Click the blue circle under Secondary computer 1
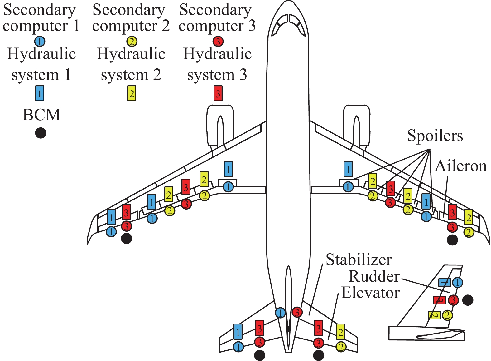(40, 41)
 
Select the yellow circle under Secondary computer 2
(132, 41)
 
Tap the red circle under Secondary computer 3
(218, 41)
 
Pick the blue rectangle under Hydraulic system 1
(40, 93)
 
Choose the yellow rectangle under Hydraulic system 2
(132, 93)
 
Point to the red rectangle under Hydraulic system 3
(218, 93)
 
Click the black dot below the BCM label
(41, 133)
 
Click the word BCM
(41, 115)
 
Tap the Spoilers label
(435, 136)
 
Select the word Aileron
(461, 166)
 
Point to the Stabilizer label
(359, 260)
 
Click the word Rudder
(374, 276)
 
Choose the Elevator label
(370, 293)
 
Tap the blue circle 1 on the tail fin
(457, 283)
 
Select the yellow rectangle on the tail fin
(435, 315)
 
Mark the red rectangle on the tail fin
(440, 300)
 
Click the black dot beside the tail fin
(468, 300)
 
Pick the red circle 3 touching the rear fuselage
(297, 312)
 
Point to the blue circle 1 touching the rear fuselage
(280, 313)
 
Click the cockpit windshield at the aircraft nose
(288, 25)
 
